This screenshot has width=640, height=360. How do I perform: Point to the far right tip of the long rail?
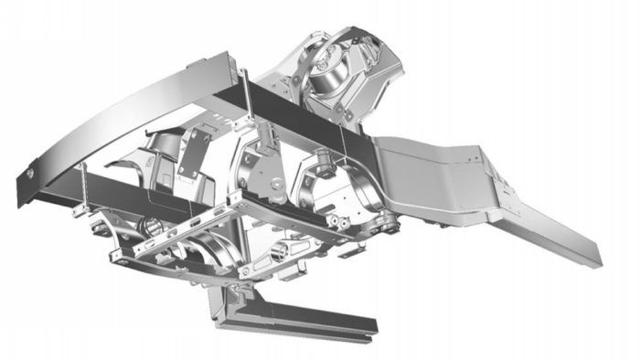(x=599, y=259)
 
